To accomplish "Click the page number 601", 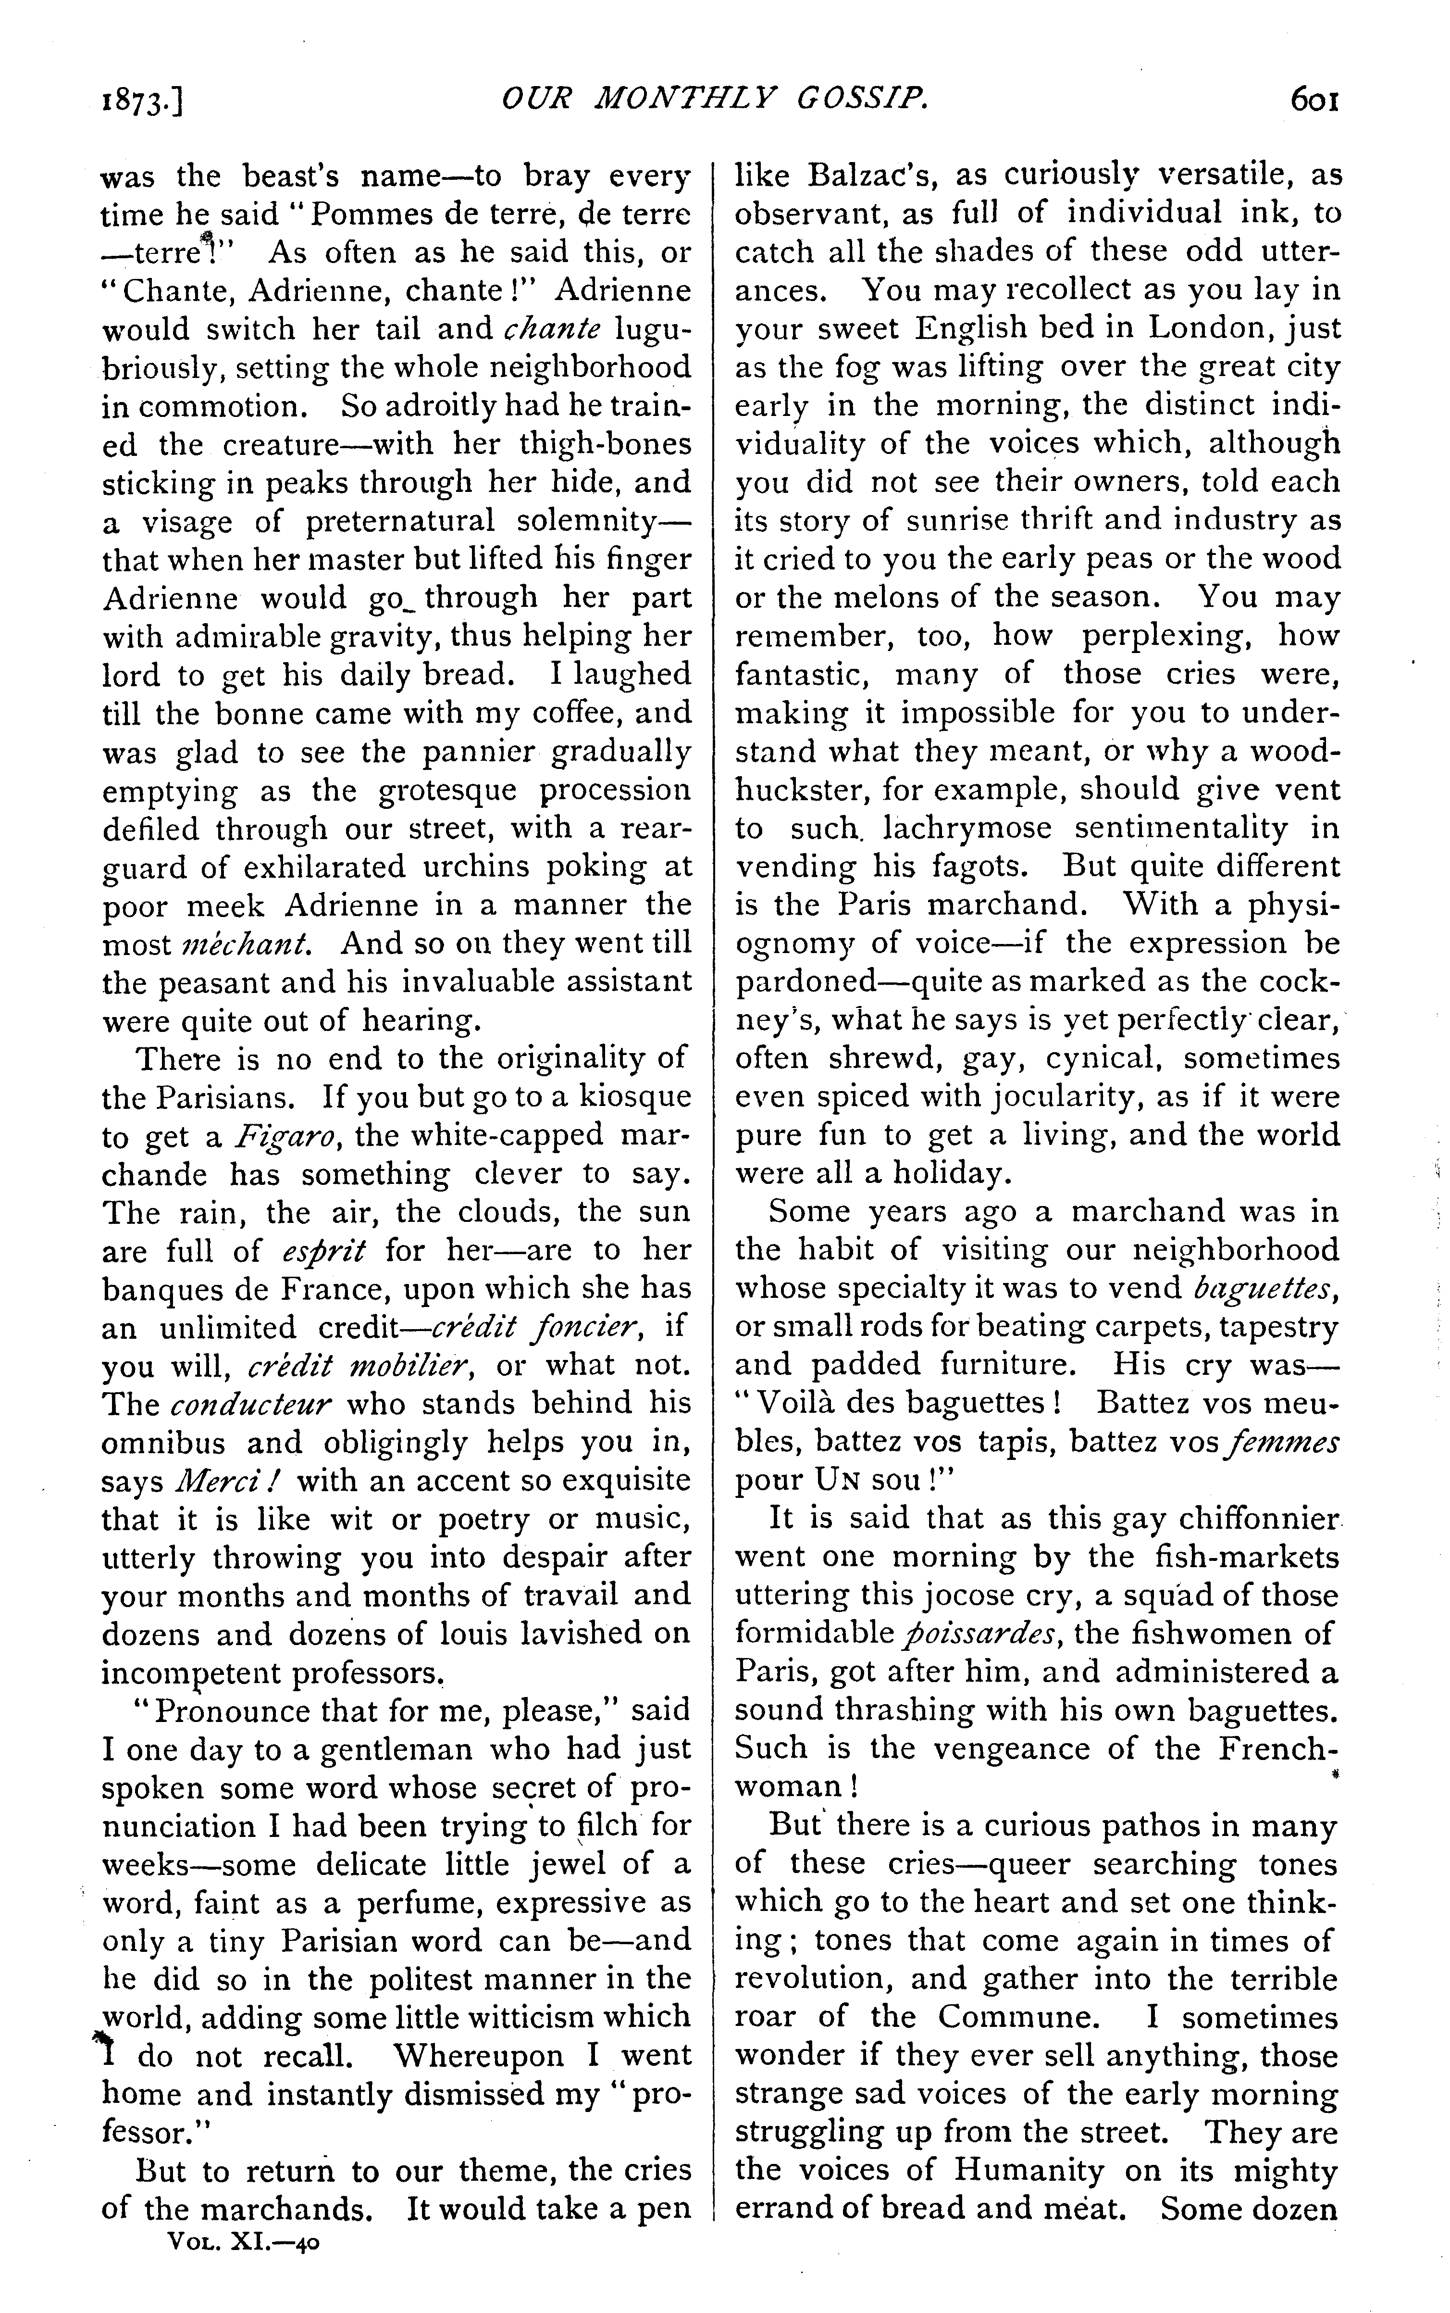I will pos(1314,100).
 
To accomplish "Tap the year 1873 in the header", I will pos(141,101).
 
